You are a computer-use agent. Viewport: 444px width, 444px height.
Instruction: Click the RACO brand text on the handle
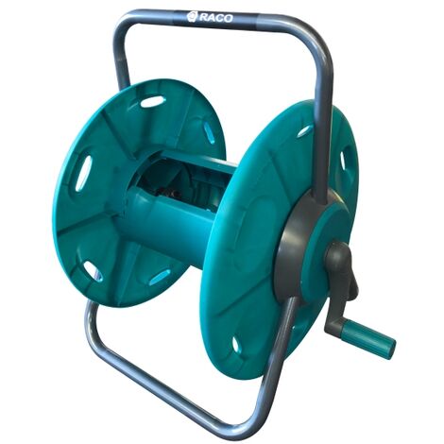(216, 18)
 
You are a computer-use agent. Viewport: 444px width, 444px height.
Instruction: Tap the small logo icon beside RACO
(192, 16)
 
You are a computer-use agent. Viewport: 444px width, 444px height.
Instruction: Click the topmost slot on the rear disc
(152, 101)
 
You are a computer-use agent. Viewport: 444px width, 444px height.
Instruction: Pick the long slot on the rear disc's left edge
(83, 173)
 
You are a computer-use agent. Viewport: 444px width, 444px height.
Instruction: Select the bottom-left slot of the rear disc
(93, 271)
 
